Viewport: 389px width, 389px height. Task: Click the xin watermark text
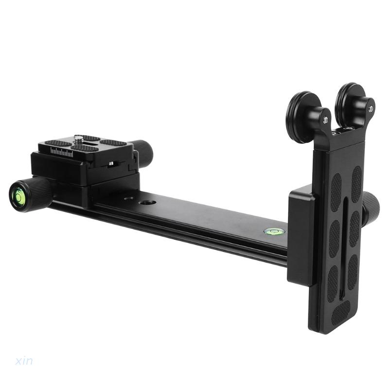coord(24,361)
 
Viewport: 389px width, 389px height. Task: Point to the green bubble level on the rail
coord(274,232)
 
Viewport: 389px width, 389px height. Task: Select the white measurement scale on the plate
coord(62,152)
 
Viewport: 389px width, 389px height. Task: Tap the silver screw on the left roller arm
coord(325,120)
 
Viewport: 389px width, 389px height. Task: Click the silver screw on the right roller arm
coord(371,108)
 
